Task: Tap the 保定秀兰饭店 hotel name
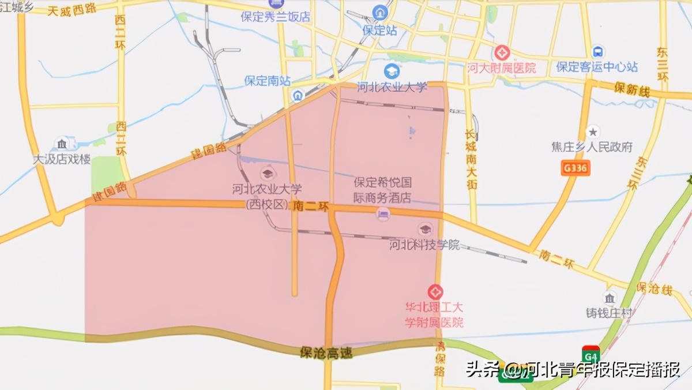pyautogui.click(x=275, y=17)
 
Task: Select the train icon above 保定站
pyautogui.click(x=380, y=12)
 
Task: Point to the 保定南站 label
pyautogui.click(x=267, y=81)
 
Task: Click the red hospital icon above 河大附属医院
pyautogui.click(x=501, y=53)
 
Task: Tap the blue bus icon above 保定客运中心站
pyautogui.click(x=597, y=52)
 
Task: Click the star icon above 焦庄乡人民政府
pyautogui.click(x=593, y=132)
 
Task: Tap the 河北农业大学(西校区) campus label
pyautogui.click(x=267, y=196)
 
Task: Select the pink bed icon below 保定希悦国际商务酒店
pyautogui.click(x=382, y=215)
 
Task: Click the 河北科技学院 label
pyautogui.click(x=424, y=245)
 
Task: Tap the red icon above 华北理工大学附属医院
pyautogui.click(x=435, y=292)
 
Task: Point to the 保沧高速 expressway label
pyautogui.click(x=326, y=352)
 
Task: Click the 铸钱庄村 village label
pyautogui.click(x=609, y=313)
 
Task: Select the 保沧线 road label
pyautogui.click(x=654, y=287)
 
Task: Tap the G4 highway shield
pyautogui.click(x=591, y=354)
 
